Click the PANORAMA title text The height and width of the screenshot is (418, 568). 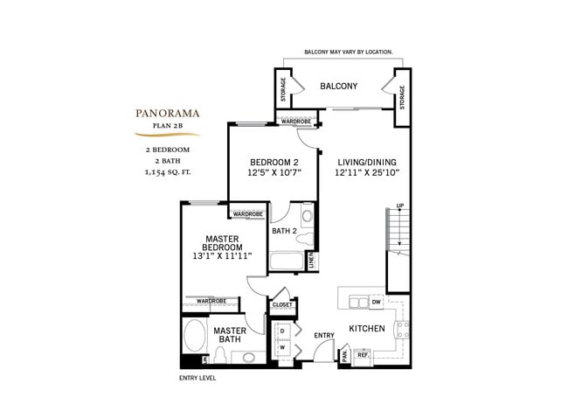167,112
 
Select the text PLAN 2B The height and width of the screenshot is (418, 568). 167,126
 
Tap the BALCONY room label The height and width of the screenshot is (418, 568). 338,86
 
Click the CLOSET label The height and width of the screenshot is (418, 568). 282,305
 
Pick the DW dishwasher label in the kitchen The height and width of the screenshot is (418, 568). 377,302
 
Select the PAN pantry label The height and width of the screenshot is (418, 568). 345,354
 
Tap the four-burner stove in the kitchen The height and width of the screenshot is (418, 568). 402,331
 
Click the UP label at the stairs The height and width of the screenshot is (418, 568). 400,206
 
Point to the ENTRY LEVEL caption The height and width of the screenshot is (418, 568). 197,378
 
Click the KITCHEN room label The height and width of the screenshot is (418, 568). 368,329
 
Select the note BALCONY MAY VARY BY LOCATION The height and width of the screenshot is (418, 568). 348,52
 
